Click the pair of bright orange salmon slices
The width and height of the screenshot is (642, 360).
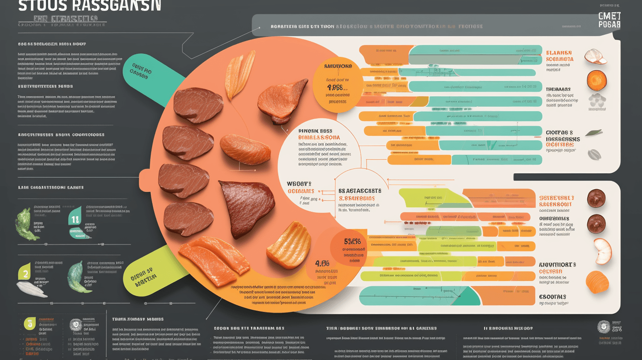216,259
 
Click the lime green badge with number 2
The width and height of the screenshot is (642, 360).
25,274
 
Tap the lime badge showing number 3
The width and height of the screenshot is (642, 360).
29,323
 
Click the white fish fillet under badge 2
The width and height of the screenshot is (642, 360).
32,289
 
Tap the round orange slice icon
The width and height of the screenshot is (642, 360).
597,80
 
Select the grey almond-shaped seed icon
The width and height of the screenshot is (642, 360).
594,154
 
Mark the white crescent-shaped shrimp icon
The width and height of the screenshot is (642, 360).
601,251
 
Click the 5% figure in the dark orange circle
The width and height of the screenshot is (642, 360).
352,241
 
